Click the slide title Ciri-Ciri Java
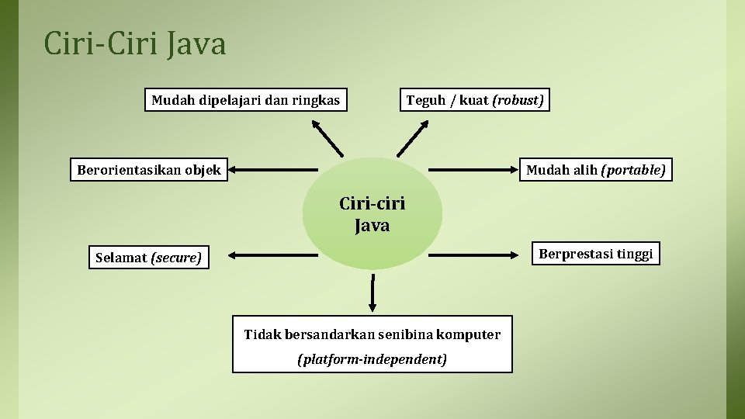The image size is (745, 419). [x=135, y=44]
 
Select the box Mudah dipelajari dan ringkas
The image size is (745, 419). [x=245, y=100]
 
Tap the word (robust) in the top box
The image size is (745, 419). [x=518, y=100]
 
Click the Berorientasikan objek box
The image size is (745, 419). [x=149, y=169]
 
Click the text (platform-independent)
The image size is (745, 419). [x=372, y=359]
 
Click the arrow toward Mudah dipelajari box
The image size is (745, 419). [x=327, y=139]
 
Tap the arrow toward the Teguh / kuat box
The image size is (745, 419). [x=413, y=139]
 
